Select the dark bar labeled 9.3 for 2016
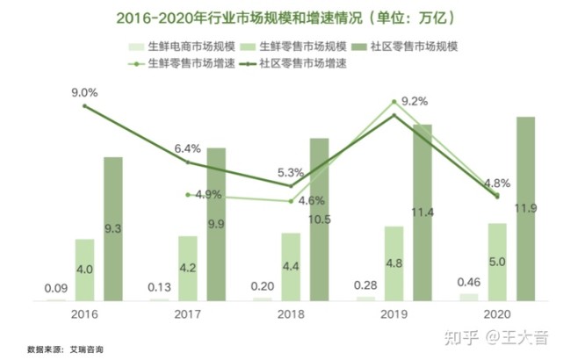click(113, 228)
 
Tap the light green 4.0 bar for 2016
click(84, 270)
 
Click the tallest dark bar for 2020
click(526, 208)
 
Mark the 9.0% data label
click(85, 91)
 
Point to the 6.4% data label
click(188, 148)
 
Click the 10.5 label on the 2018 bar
click(319, 220)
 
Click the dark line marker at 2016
click(85, 106)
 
